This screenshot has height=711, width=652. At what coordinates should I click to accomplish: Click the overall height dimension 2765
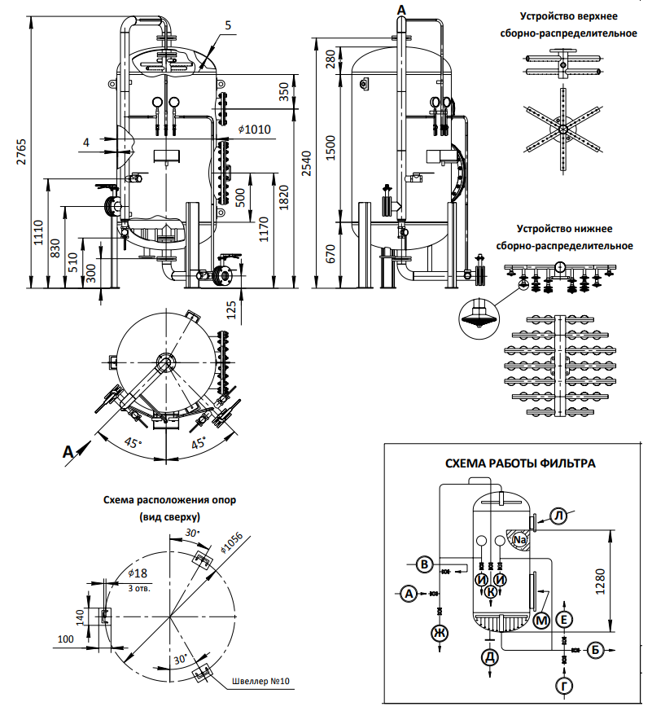point(21,151)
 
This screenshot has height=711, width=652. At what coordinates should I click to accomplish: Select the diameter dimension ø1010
point(255,129)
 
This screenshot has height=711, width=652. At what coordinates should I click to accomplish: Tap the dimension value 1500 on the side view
point(330,148)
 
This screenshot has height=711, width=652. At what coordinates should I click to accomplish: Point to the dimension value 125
point(231,310)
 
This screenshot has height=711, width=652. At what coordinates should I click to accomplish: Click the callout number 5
point(228,25)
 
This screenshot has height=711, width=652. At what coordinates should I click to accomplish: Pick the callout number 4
point(86,143)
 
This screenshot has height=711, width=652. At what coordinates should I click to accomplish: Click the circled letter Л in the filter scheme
point(559,516)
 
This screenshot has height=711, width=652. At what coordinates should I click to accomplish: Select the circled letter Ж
point(439,632)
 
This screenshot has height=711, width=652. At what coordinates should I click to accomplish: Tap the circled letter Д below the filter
point(490,657)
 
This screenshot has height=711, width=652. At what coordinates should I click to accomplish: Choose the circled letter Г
point(564,686)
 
